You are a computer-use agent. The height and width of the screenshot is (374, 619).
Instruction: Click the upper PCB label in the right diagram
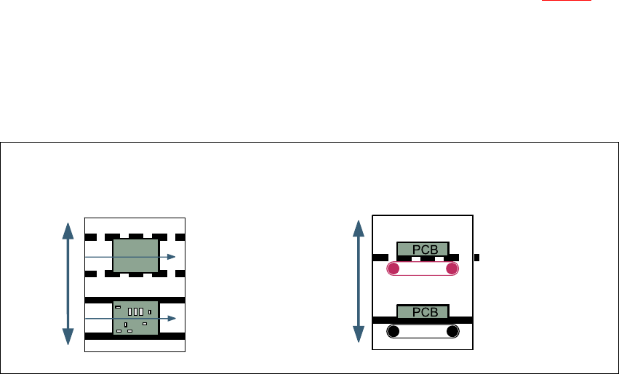tap(423, 250)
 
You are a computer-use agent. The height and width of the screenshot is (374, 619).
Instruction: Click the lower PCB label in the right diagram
tap(423, 311)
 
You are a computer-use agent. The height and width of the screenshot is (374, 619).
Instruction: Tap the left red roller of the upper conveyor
tap(393, 270)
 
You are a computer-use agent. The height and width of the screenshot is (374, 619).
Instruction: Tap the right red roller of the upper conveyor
tap(452, 270)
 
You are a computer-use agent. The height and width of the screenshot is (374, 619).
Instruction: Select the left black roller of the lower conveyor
tap(393, 332)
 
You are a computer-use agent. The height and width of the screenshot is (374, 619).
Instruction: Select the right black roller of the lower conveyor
tap(452, 332)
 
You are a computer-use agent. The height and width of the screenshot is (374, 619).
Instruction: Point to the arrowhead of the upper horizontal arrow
tap(171, 257)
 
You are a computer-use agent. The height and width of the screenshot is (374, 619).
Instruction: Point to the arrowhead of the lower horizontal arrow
tap(171, 318)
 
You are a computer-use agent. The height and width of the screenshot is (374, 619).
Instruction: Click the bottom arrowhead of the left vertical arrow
tap(68, 336)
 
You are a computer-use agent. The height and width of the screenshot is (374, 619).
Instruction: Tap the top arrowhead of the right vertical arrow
tap(358, 228)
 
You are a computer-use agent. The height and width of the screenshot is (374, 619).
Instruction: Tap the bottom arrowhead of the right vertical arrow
tap(358, 335)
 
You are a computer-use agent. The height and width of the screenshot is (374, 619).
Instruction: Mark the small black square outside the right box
tap(476, 257)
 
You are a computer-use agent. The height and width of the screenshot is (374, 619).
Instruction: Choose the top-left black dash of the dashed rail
tap(90, 237)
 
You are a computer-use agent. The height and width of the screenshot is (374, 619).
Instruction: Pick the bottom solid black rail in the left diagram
tap(135, 337)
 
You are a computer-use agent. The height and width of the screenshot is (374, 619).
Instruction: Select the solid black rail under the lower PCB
tap(423, 319)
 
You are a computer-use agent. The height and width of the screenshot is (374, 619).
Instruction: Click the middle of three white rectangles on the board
tap(135, 311)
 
